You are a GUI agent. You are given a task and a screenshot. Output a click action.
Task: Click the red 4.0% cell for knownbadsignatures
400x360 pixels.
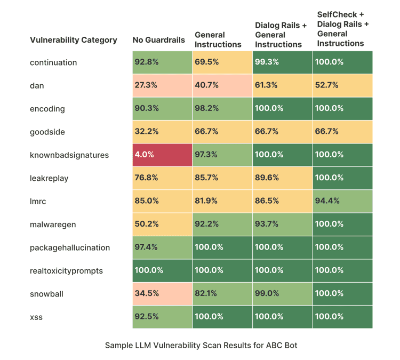pos(162,155)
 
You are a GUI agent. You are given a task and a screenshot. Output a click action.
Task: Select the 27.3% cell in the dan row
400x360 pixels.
pos(162,85)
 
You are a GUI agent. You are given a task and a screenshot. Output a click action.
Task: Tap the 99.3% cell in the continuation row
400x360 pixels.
pos(282,62)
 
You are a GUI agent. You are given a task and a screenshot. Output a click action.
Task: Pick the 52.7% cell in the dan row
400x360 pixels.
pos(342,85)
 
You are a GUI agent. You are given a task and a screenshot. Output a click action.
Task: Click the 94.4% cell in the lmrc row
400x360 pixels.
pos(342,201)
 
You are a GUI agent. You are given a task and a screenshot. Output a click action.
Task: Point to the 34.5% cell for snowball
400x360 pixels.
pos(162,294)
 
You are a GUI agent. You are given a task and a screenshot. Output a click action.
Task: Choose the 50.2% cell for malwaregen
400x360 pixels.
pos(162,224)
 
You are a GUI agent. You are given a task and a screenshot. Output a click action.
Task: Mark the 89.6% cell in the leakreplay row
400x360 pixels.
pos(282,178)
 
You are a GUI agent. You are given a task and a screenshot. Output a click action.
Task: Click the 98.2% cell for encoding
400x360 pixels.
pos(222,108)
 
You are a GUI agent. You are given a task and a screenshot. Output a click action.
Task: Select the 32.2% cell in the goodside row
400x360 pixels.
pos(162,132)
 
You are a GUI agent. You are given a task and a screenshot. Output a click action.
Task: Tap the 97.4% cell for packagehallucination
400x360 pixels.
pos(162,247)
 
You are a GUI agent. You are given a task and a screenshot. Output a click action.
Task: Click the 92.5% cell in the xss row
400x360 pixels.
pos(162,317)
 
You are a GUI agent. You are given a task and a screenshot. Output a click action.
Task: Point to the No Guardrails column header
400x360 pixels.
pos(158,40)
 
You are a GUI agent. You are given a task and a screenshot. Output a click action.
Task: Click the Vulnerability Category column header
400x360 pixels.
pos(74,40)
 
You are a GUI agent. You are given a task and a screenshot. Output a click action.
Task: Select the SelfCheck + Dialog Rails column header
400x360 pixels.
pos(343,29)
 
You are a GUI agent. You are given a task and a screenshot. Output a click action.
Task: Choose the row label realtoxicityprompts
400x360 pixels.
pos(66,271)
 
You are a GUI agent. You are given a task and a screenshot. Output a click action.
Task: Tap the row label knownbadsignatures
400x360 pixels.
pos(69,155)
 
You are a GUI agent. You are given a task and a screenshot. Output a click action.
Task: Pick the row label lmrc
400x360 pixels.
pos(38,201)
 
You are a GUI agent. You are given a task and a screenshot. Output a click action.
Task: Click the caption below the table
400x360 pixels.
pos(201,345)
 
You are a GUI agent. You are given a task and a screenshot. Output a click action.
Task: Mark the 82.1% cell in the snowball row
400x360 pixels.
pos(222,294)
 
